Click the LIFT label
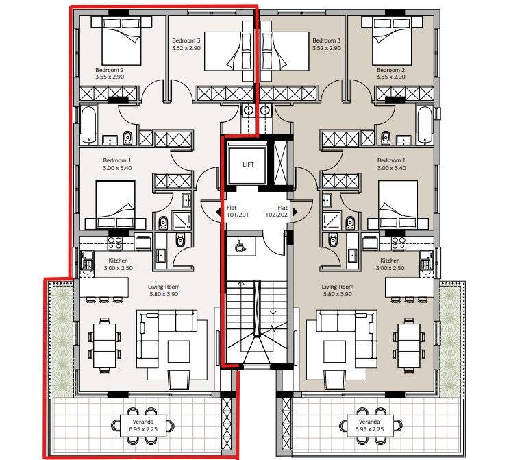248,165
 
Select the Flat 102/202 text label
282,212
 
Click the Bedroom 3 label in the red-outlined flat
187,45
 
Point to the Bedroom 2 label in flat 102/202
391,73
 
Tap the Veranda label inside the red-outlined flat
144,425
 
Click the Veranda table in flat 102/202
369,425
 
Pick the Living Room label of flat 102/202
337,287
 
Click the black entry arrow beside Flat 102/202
295,212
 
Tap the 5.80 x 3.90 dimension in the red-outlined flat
164,294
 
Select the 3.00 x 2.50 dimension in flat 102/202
390,268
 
